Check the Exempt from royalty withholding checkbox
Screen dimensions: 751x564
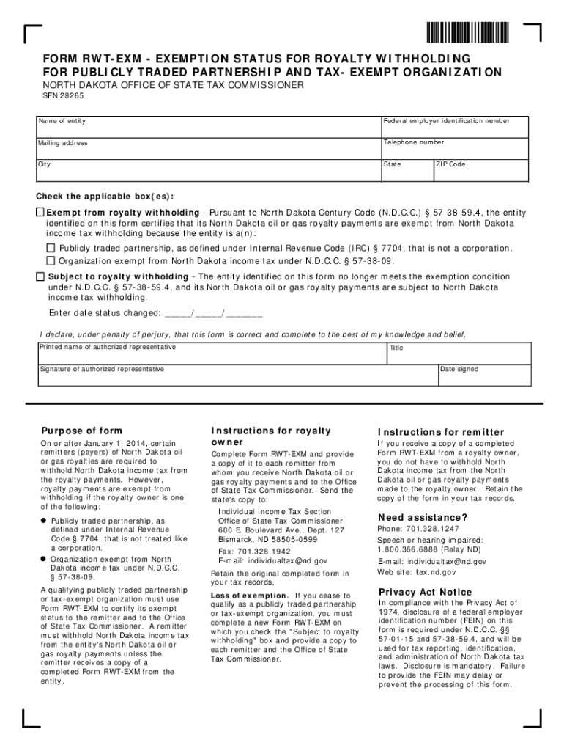(x=41, y=212)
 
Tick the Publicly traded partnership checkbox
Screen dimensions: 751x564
(x=51, y=248)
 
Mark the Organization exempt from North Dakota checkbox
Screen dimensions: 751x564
(x=51, y=260)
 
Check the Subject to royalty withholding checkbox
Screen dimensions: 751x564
(x=41, y=276)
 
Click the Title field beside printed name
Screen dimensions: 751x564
(x=459, y=352)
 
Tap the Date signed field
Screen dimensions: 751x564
(x=483, y=374)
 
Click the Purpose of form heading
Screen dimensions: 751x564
(x=81, y=431)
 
